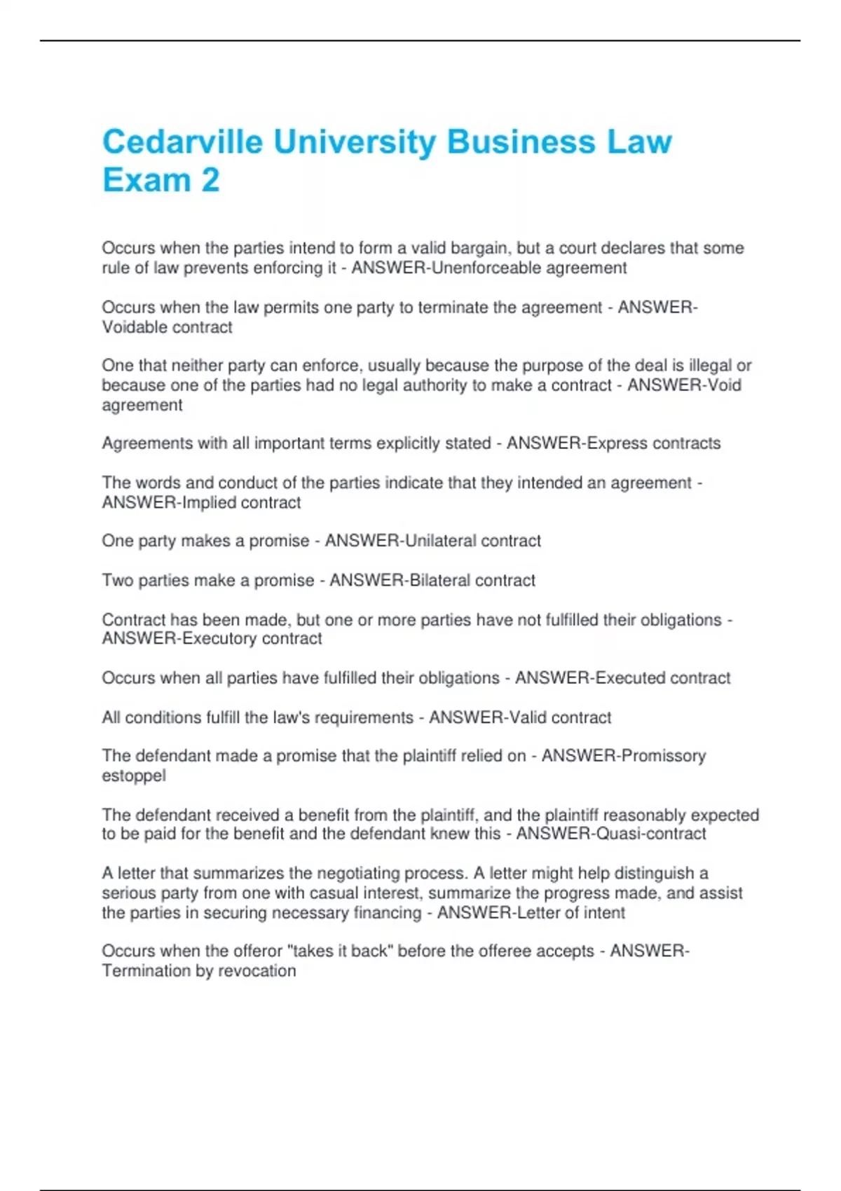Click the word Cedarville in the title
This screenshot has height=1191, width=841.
click(182, 142)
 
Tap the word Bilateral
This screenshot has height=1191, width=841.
click(436, 580)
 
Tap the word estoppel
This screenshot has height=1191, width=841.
click(134, 776)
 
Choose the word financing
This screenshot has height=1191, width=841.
click(388, 913)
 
